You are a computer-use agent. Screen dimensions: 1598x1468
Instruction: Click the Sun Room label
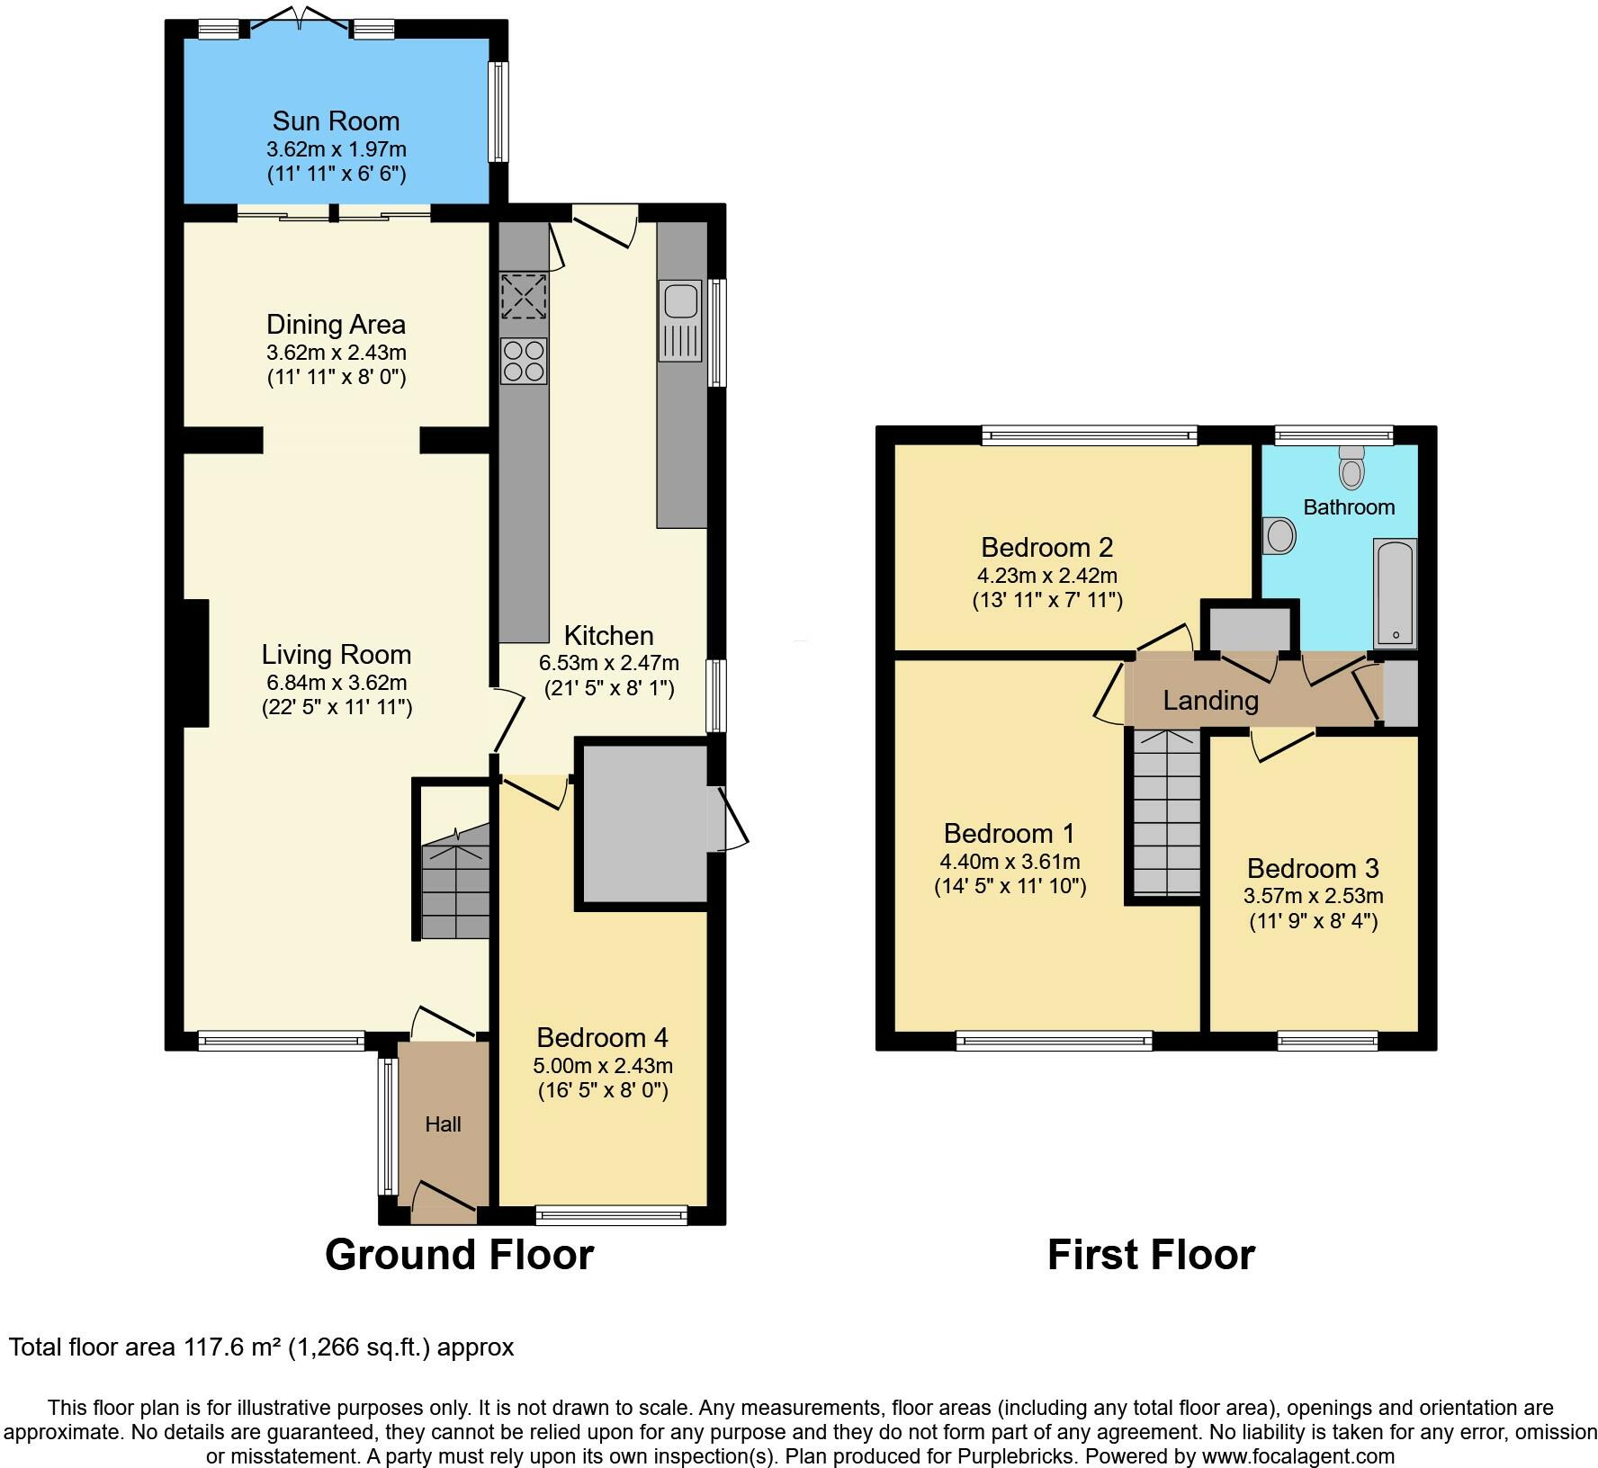click(x=336, y=121)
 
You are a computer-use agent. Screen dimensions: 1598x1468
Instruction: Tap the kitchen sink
click(x=679, y=321)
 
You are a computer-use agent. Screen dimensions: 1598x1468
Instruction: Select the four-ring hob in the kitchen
click(x=524, y=362)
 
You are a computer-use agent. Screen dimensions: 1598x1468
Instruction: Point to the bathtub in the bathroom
click(x=1395, y=593)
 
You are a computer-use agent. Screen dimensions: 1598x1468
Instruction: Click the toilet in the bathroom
click(x=1351, y=465)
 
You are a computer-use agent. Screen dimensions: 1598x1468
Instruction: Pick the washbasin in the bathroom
click(x=1279, y=535)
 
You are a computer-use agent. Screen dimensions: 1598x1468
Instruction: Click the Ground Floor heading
click(x=459, y=1254)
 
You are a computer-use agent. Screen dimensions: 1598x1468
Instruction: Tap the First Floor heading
click(x=1151, y=1254)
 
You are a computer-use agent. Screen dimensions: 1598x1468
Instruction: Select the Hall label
click(x=443, y=1123)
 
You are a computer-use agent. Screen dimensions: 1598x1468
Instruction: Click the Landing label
click(x=1210, y=700)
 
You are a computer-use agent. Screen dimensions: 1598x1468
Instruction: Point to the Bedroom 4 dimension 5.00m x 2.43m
click(x=603, y=1066)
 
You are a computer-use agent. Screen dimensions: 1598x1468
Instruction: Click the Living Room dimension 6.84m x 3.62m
click(x=337, y=683)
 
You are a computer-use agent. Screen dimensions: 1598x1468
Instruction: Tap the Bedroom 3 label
click(x=1313, y=868)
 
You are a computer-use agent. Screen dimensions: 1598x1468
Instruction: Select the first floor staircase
click(x=1167, y=812)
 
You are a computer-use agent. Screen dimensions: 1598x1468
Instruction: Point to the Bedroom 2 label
click(x=1047, y=547)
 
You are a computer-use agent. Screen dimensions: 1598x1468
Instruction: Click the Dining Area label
click(x=336, y=324)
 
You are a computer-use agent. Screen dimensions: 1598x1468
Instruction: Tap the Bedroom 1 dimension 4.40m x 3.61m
click(x=1010, y=861)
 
